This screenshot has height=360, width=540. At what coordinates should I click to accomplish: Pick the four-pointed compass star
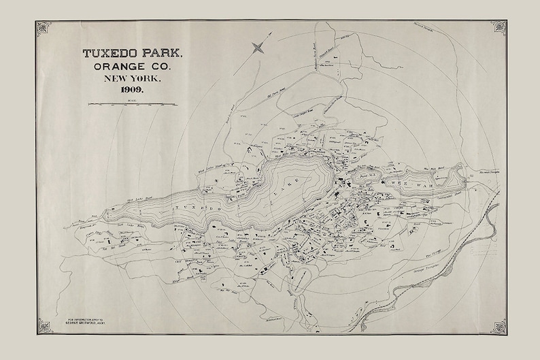pos(258,47)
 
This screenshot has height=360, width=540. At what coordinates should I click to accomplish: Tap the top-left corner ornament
pos(44,28)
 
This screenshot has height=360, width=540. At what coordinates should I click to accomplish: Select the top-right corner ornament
pos(499,28)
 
